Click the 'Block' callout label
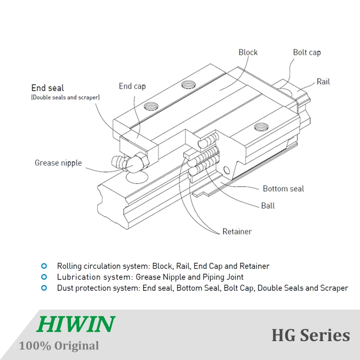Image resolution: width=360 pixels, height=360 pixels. (248, 53)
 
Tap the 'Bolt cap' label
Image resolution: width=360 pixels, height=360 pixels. (307, 53)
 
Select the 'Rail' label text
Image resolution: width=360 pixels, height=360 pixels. (323, 81)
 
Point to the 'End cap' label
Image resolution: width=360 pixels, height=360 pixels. (132, 86)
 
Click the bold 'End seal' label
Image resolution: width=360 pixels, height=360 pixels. (47, 88)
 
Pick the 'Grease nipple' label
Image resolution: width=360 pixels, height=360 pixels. (58, 163)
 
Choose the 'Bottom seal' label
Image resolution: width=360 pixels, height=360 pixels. (283, 189)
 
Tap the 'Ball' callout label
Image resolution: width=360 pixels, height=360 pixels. (268, 206)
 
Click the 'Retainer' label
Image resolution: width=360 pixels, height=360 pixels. (237, 232)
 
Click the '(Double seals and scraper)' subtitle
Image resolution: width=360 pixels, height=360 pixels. (65, 97)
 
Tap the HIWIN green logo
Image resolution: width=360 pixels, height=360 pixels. (76, 324)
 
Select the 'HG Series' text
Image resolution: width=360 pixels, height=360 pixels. (310, 335)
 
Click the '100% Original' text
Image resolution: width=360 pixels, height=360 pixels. (59, 346)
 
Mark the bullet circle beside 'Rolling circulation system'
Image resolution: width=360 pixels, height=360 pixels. (44, 266)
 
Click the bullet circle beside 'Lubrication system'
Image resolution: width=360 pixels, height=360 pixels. (44, 277)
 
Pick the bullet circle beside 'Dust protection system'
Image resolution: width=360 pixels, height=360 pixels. (44, 288)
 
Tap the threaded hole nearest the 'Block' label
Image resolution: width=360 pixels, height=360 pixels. (189, 84)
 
